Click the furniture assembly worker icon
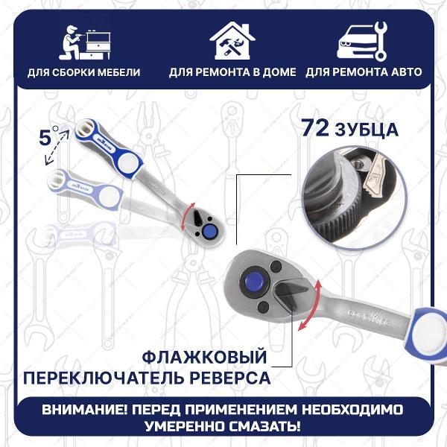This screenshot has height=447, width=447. [x=85, y=42]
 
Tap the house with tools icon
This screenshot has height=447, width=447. [x=232, y=41]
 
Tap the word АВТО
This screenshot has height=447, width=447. [x=405, y=72]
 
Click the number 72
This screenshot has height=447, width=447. [x=315, y=127]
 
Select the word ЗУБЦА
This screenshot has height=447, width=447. [x=367, y=130]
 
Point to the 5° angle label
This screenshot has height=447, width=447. [x=48, y=137]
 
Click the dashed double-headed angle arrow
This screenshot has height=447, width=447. [x=56, y=148]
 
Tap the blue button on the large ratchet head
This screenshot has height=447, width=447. [x=255, y=281]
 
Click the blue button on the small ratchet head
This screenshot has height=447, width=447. [x=210, y=231]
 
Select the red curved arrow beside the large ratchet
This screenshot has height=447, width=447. [x=311, y=305]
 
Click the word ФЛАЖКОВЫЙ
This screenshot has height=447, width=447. [x=204, y=357]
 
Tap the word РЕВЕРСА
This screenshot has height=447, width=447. [x=230, y=378]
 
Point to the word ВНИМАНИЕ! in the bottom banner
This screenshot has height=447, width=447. [x=85, y=410]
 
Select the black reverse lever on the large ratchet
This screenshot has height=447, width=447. [x=289, y=295]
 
